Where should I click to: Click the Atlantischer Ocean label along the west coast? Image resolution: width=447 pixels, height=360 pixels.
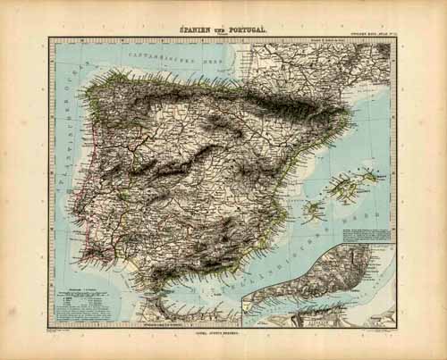pos(63,134)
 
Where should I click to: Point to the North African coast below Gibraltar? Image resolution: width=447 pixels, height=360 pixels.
pos(179,308)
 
